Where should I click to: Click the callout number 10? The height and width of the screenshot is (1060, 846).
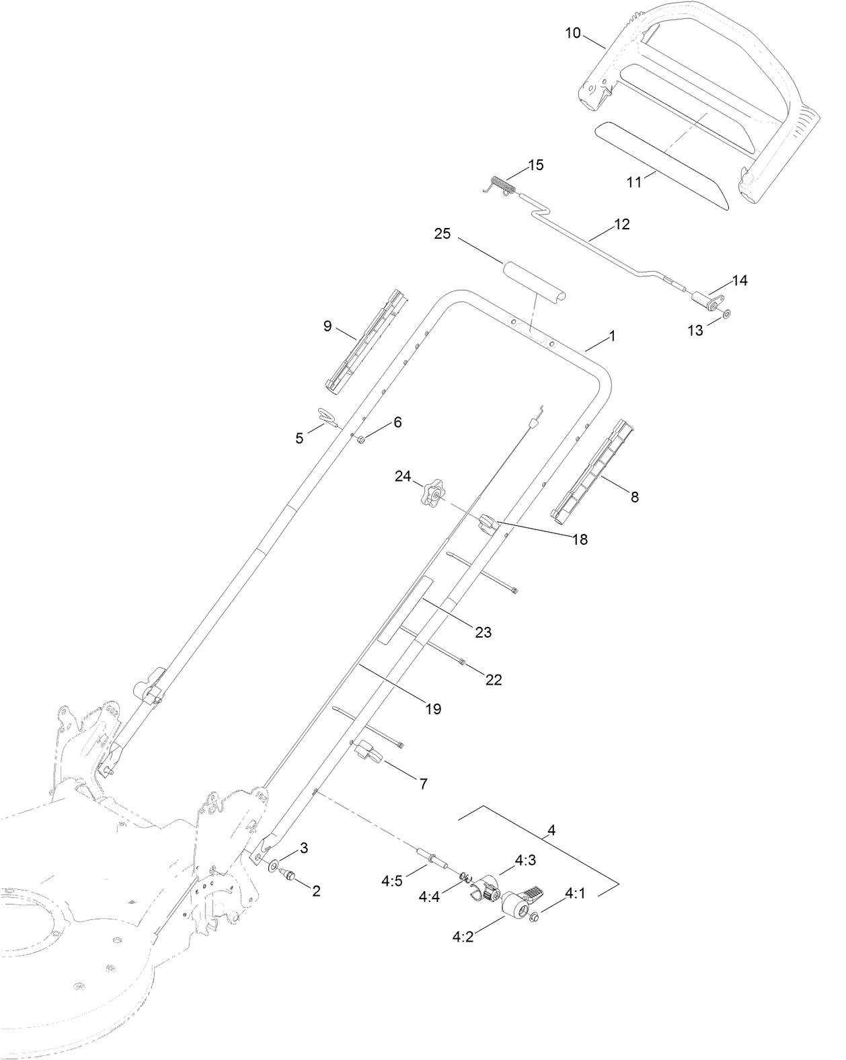click(x=572, y=32)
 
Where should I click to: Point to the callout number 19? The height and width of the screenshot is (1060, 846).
click(x=433, y=708)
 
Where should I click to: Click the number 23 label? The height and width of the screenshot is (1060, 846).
click(x=484, y=632)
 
